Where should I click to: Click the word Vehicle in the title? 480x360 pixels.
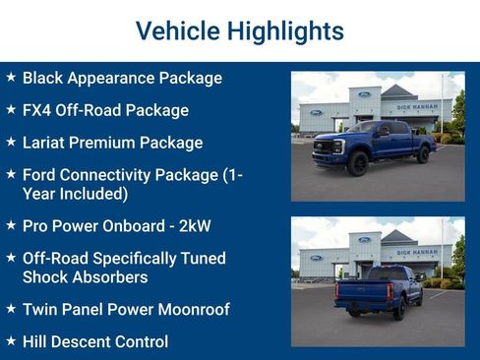[x=172, y=31]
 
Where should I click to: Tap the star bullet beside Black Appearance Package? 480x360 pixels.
[x=11, y=77]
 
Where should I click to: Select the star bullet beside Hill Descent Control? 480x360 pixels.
[x=11, y=341]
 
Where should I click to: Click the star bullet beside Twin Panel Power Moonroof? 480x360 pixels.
[x=11, y=309]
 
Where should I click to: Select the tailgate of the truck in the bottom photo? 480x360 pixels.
[x=359, y=291]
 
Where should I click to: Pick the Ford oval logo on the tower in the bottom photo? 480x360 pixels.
[x=364, y=239]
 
